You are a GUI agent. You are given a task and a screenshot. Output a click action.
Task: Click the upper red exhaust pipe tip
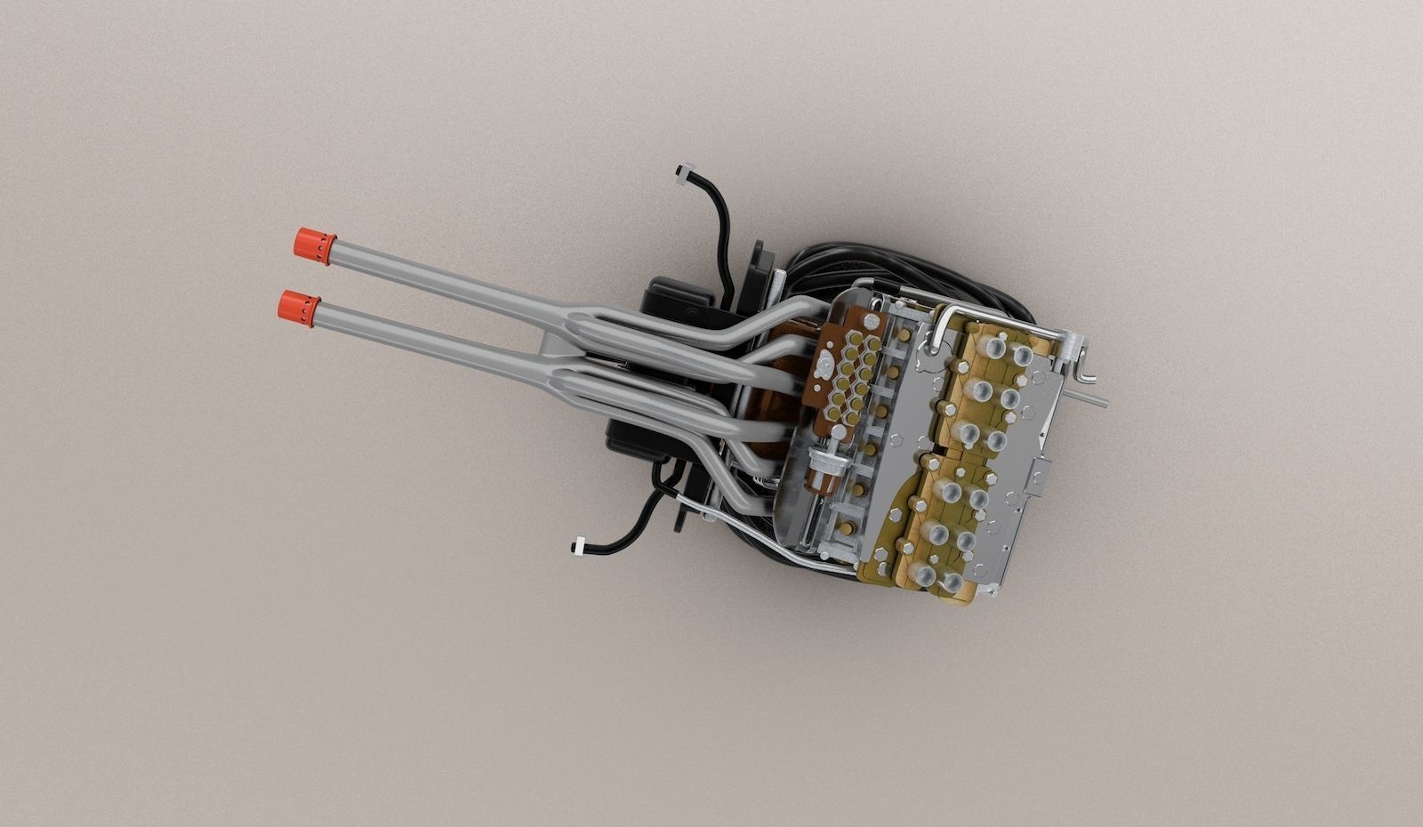(x=314, y=244)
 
